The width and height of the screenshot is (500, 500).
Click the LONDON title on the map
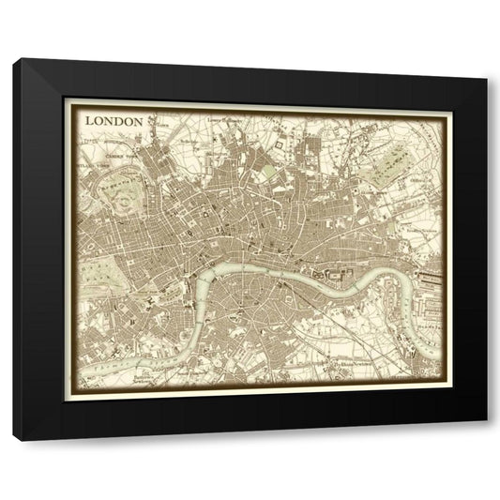click(114, 121)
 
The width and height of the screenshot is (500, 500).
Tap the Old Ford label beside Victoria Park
click(417, 174)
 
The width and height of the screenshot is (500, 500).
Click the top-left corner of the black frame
click(14, 60)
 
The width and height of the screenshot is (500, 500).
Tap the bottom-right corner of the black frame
click(487, 438)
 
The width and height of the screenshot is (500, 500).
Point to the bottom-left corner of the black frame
click(14, 438)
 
